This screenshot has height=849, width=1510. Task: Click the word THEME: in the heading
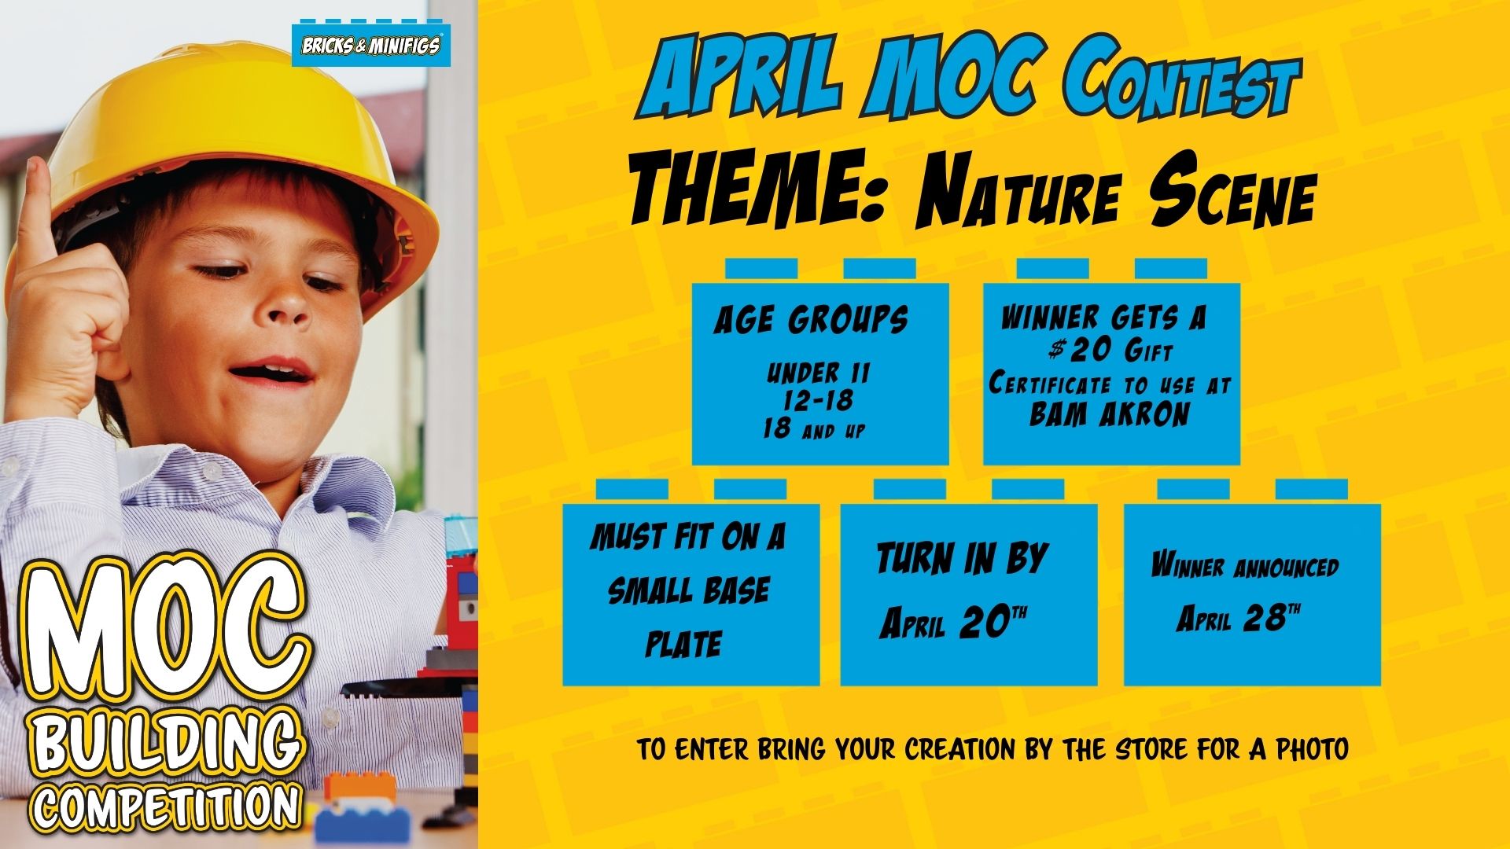(760, 189)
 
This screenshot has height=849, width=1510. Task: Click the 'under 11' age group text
(819, 373)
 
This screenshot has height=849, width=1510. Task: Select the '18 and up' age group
(813, 429)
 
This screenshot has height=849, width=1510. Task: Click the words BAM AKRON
(1110, 414)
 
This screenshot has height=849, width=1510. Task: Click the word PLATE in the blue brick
(683, 644)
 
